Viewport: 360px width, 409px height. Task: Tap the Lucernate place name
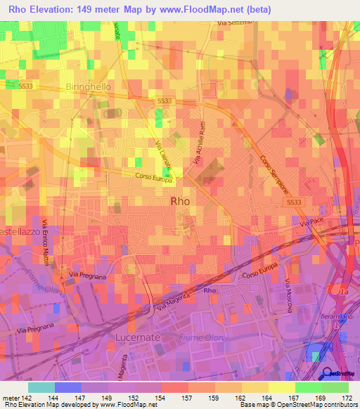(136, 337)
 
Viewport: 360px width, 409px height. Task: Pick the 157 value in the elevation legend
(188, 398)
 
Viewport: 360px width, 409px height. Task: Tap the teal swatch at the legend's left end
(41, 387)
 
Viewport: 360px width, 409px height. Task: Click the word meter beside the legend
(11, 398)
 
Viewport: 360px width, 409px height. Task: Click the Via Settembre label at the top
(235, 23)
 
